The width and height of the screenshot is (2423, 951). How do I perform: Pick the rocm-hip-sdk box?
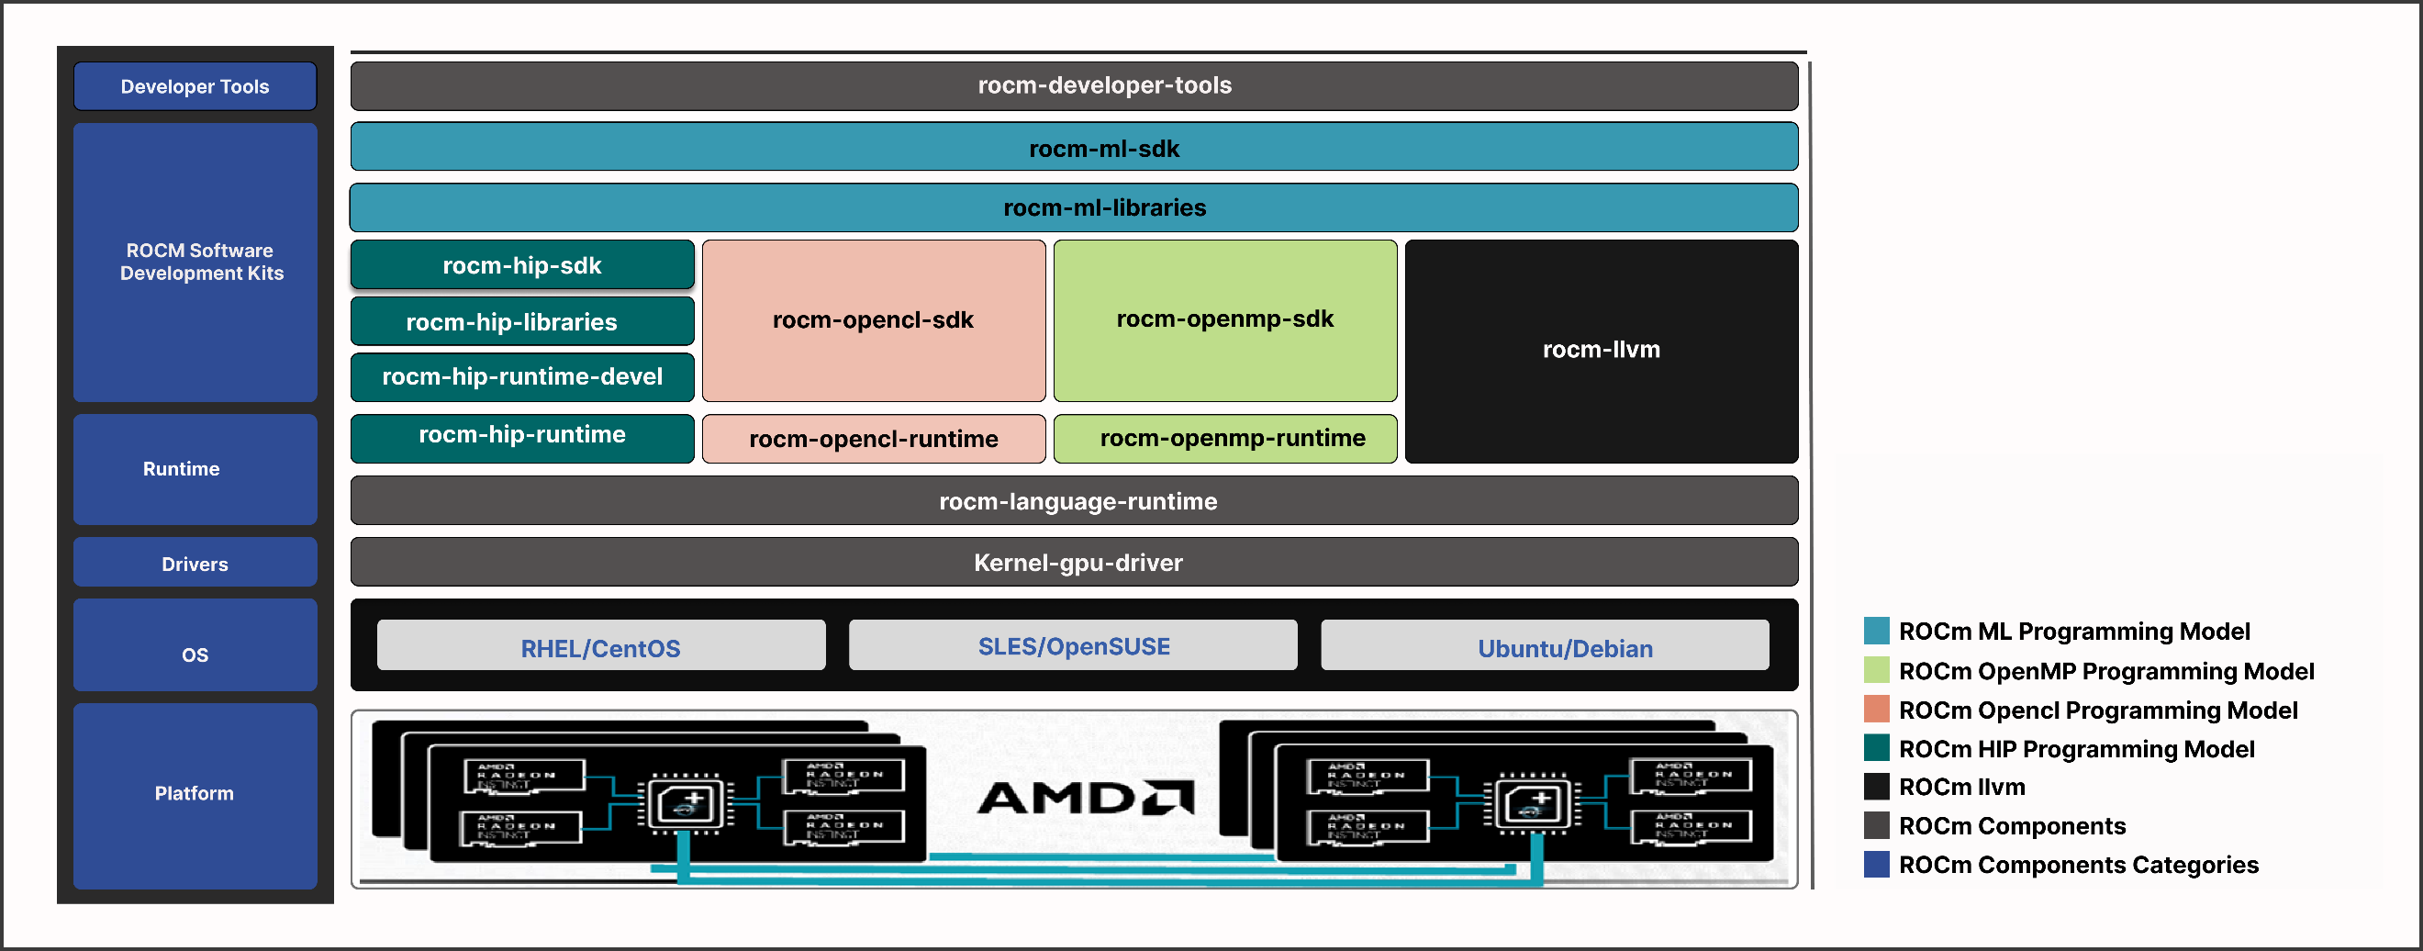[x=522, y=265]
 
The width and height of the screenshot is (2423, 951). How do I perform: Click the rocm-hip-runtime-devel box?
[x=522, y=376]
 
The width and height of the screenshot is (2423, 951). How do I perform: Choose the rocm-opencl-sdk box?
[x=873, y=319]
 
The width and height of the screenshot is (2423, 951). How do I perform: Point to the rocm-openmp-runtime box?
[x=1223, y=439]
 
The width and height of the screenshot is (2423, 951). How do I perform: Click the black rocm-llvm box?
[x=1600, y=350]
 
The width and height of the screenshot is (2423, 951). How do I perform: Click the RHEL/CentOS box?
[x=600, y=646]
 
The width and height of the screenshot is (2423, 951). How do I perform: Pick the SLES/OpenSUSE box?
[x=1072, y=646]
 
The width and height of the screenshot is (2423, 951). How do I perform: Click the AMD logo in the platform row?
[x=1086, y=798]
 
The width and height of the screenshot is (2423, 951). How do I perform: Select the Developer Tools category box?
[x=195, y=86]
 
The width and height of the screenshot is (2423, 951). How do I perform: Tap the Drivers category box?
[x=195, y=563]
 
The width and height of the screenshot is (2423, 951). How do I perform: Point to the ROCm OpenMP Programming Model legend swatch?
[x=1876, y=670]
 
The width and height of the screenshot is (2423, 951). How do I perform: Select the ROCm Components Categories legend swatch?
[x=1876, y=864]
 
